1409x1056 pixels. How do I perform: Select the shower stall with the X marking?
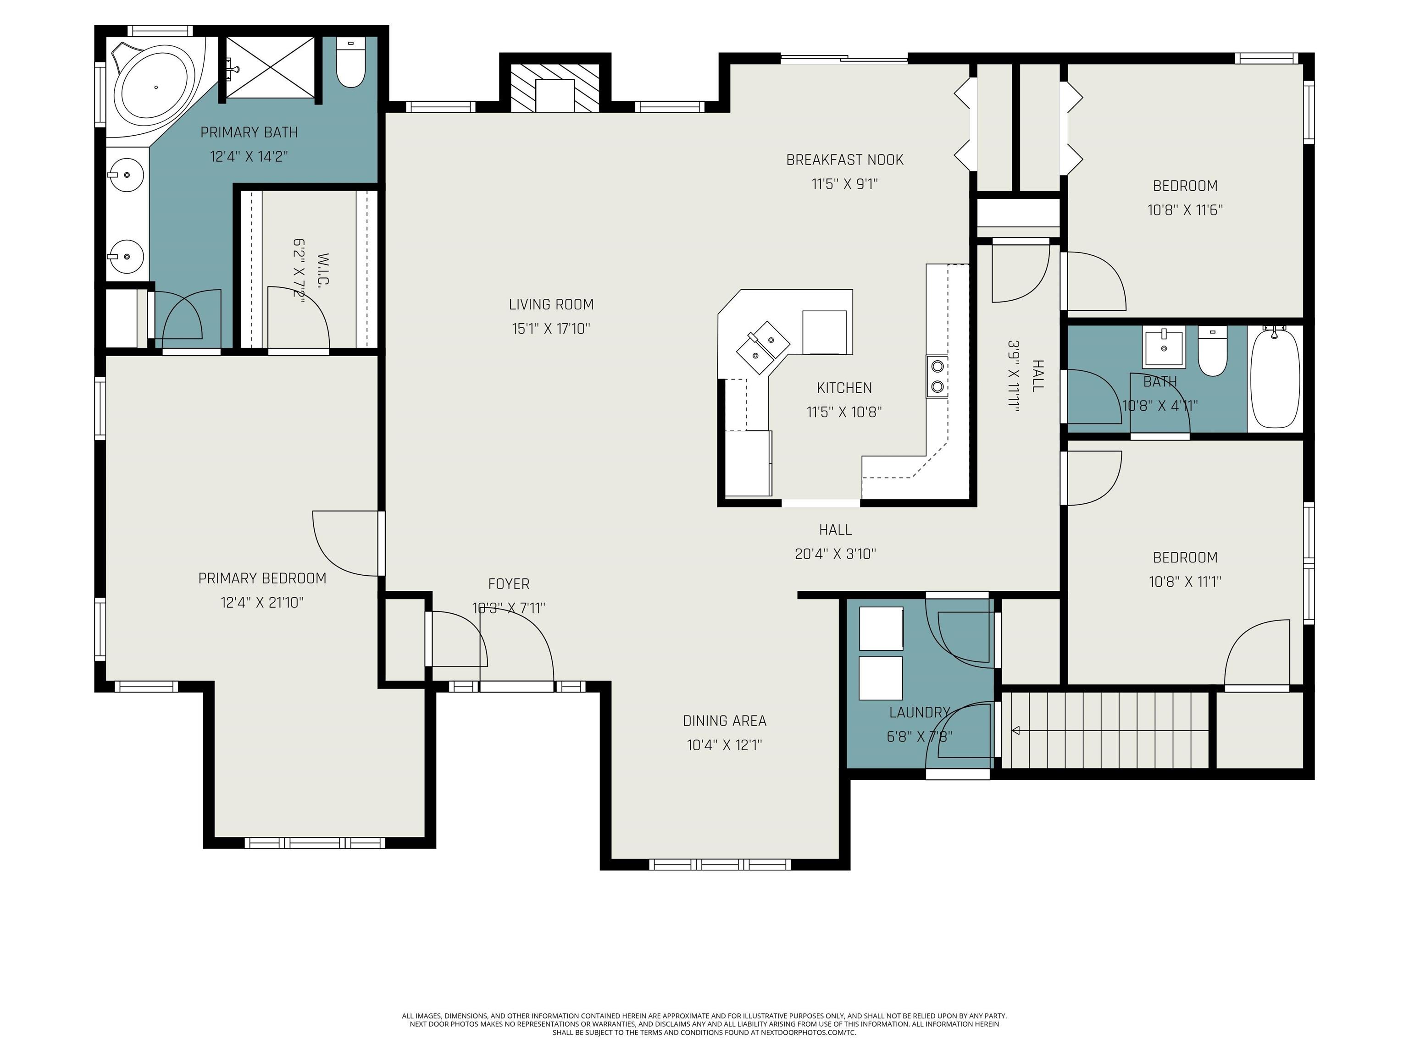click(x=270, y=67)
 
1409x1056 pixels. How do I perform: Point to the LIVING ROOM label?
click(x=551, y=305)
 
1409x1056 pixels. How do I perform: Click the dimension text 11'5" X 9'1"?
click(x=845, y=184)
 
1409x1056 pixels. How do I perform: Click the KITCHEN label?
click(x=844, y=388)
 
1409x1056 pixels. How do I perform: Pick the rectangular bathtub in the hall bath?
click(x=1275, y=379)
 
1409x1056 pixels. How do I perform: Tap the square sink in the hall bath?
click(x=1164, y=347)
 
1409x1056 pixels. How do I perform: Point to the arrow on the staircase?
click(x=1016, y=730)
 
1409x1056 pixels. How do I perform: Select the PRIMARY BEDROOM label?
click(x=262, y=578)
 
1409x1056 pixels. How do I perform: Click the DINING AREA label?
click(x=724, y=720)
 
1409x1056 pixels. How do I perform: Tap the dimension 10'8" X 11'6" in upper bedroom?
click(x=1185, y=210)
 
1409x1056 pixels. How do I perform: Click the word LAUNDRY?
click(x=919, y=712)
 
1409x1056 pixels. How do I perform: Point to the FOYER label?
click(x=508, y=584)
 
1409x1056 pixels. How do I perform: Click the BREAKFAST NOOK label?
click(x=845, y=160)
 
